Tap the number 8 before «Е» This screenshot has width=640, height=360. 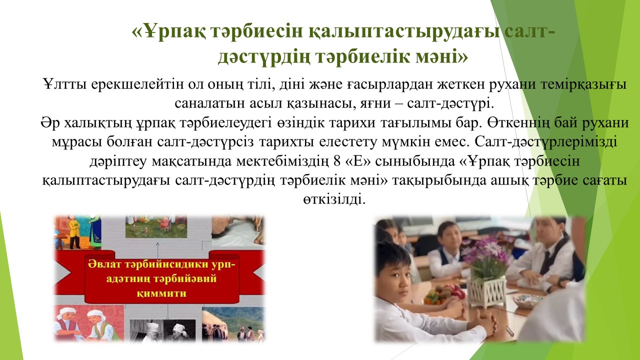[x=337, y=161]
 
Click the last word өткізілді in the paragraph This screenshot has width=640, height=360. [x=334, y=199]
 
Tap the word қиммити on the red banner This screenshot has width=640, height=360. [x=161, y=293]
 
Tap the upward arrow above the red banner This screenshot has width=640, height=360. [x=157, y=247]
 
